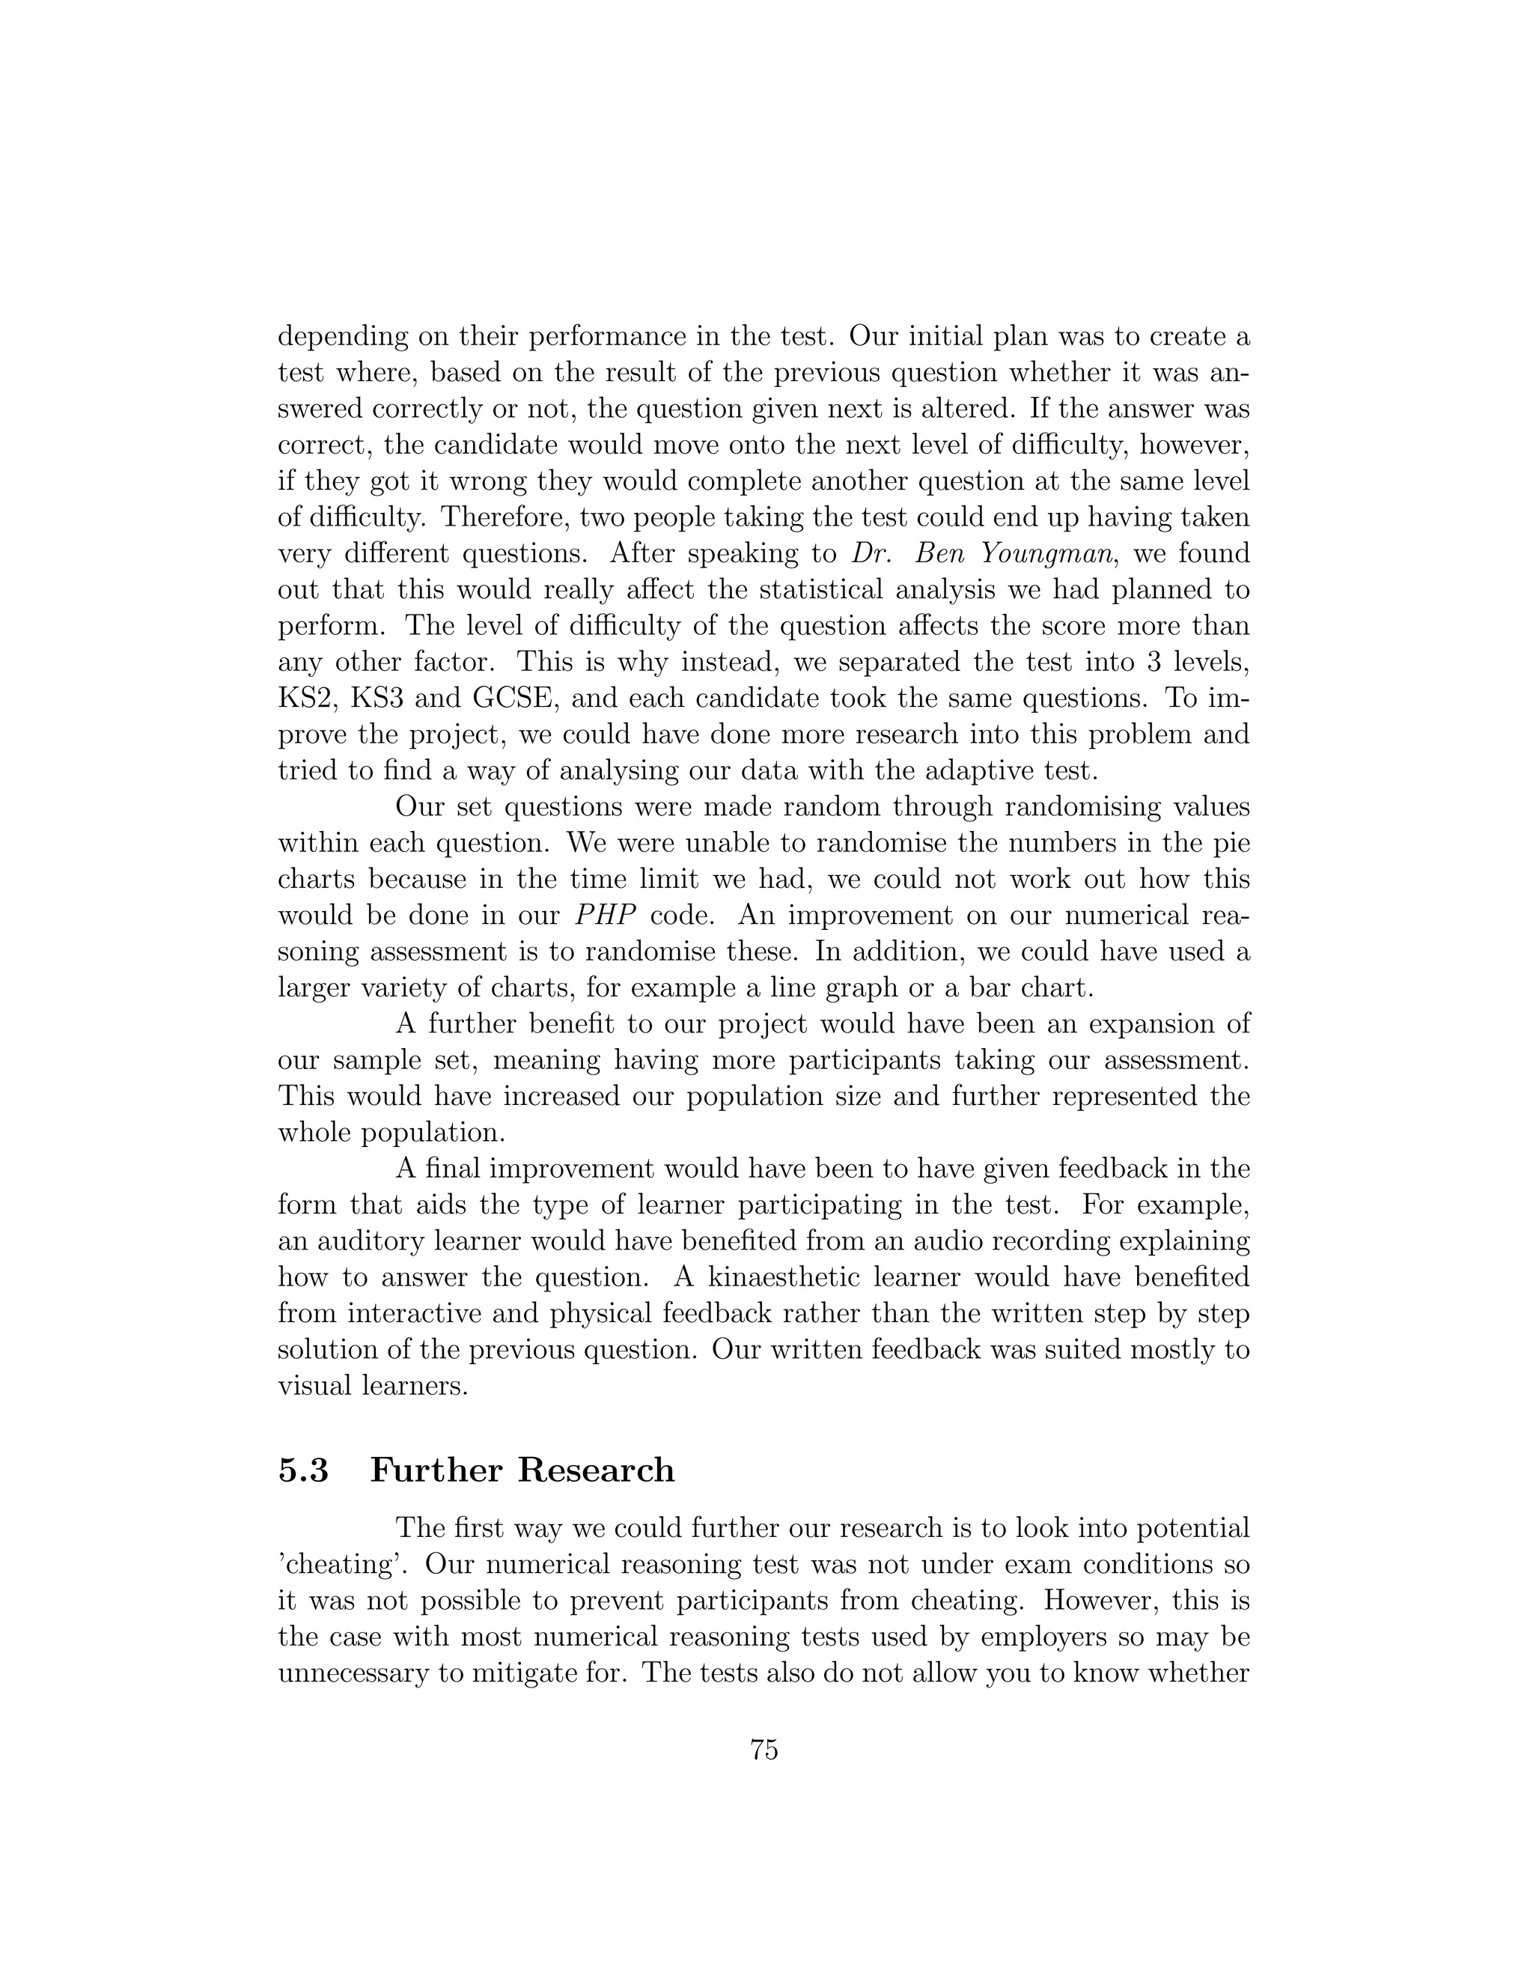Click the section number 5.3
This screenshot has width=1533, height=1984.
click(303, 1470)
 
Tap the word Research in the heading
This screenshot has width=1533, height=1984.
click(597, 1470)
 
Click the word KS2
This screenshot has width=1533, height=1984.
click(306, 699)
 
